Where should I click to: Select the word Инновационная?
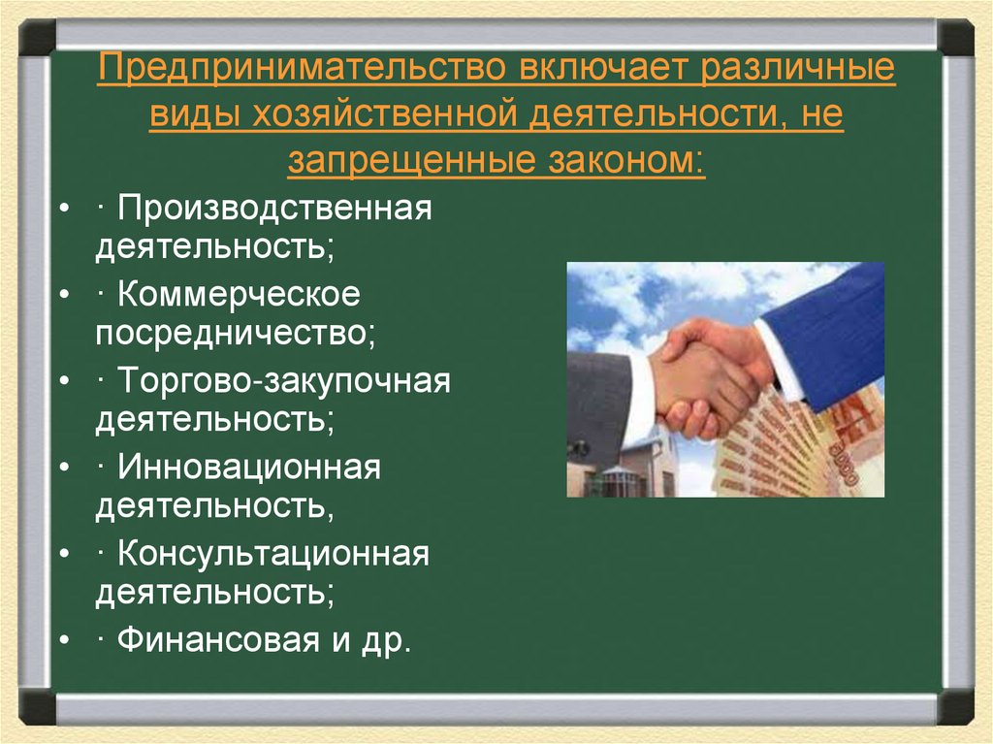(250, 467)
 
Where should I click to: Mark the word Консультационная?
(274, 554)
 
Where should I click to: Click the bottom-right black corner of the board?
(956, 705)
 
